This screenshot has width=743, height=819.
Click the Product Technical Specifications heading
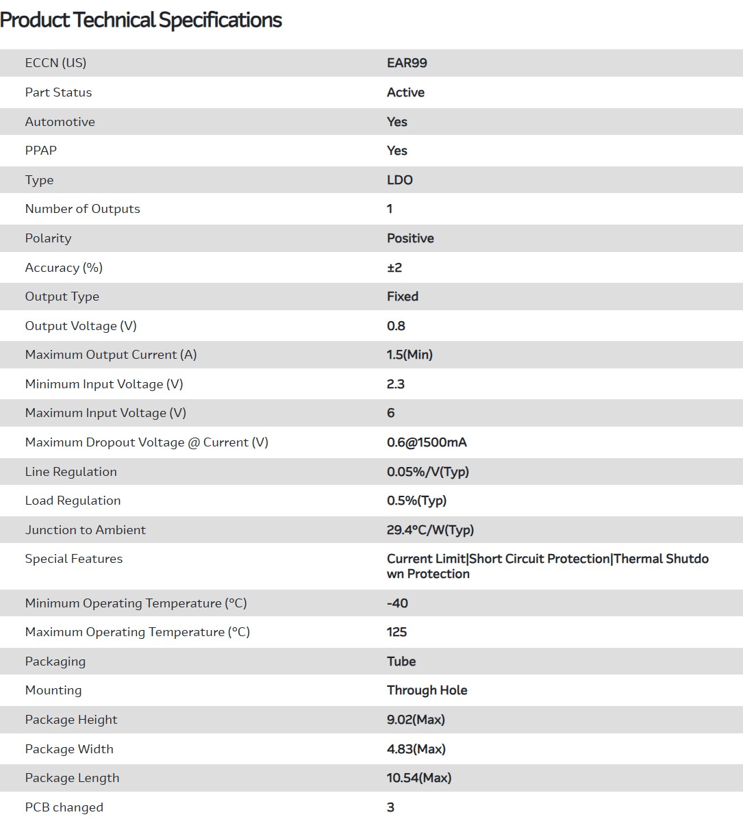[141, 21]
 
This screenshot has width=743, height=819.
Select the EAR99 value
[407, 63]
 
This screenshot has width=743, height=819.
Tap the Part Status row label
[58, 92]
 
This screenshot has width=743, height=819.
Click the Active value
[405, 92]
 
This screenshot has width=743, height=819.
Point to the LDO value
[400, 180]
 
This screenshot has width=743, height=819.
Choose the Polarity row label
[48, 238]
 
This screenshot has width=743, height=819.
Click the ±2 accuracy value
[394, 268]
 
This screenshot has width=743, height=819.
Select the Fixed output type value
[403, 297]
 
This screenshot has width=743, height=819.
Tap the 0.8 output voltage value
[396, 326]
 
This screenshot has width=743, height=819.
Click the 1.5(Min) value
[410, 355]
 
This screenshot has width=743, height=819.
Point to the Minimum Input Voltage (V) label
[104, 384]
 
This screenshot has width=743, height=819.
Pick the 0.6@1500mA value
[427, 442]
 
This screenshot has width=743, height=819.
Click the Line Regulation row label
[71, 472]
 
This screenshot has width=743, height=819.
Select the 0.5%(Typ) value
[416, 501]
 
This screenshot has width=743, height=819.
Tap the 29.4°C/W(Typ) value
[430, 530]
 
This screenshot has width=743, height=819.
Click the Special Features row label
[74, 559]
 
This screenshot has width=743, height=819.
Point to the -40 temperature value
[397, 603]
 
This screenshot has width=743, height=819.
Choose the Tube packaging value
[401, 661]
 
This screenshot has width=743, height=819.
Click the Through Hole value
[427, 690]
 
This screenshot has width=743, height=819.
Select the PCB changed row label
[64, 807]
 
